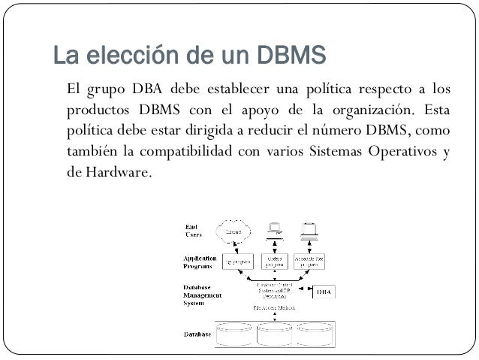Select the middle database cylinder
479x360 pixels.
[276, 334]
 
